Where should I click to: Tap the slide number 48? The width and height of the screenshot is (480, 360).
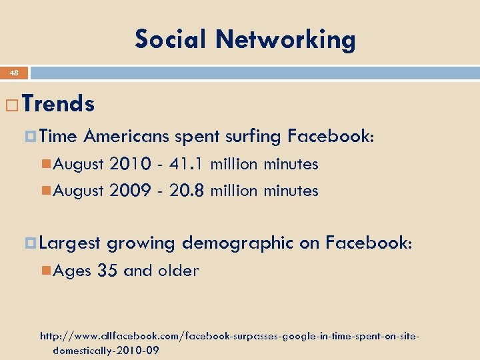[14, 73]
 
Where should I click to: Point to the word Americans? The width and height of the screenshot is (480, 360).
[127, 137]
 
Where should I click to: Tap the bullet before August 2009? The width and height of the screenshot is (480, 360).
[45, 191]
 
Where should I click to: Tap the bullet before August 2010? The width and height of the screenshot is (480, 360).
[45, 165]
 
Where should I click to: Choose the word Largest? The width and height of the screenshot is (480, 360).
[70, 243]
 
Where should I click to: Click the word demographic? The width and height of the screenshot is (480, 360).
[237, 243]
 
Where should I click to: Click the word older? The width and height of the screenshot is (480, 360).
[179, 271]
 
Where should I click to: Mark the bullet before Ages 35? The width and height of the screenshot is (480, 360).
[45, 271]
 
